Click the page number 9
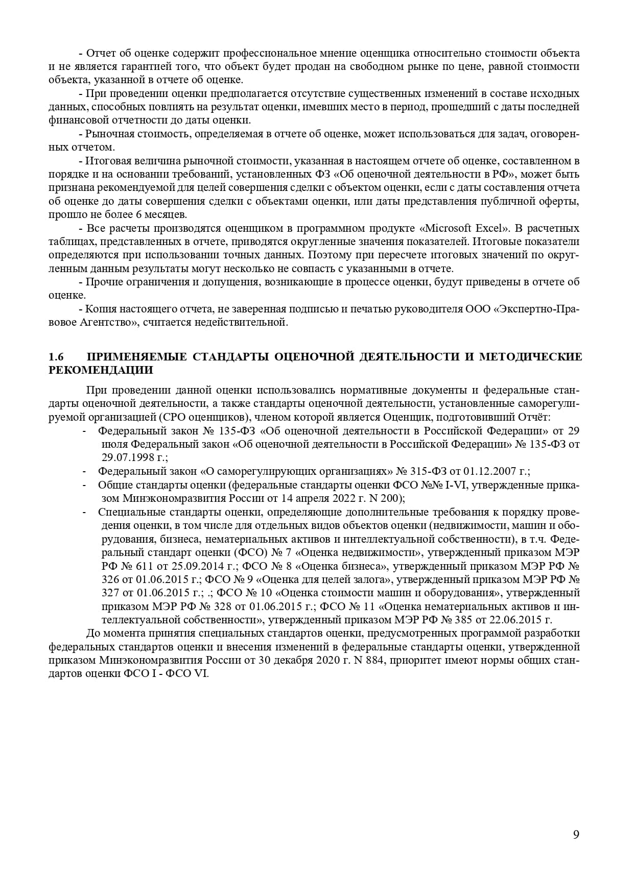(x=576, y=835)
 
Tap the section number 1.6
(x=55, y=356)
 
